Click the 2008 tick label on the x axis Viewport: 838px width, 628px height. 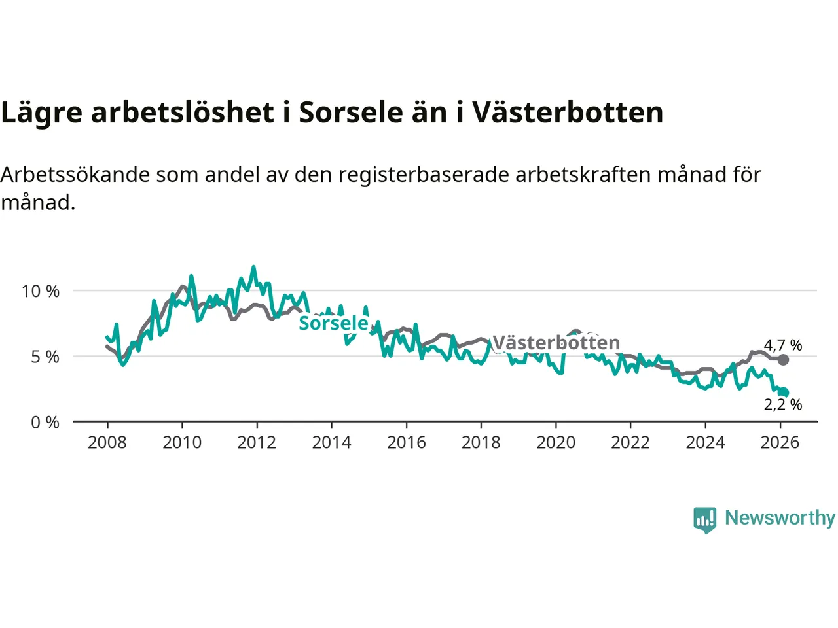pyautogui.click(x=107, y=443)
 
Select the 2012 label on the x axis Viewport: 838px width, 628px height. pyautogui.click(x=257, y=443)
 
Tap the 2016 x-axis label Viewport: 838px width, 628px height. pyautogui.click(x=406, y=443)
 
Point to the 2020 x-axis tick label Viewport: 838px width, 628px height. pyautogui.click(x=556, y=443)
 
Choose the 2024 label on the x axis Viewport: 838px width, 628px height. pyautogui.click(x=705, y=443)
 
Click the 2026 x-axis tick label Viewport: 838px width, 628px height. pyautogui.click(x=780, y=443)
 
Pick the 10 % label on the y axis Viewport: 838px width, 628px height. pyautogui.click(x=41, y=291)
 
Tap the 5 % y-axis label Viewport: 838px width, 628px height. pyautogui.click(x=45, y=357)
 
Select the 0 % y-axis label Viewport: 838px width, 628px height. pyautogui.click(x=45, y=423)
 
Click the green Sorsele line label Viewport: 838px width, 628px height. pyautogui.click(x=333, y=323)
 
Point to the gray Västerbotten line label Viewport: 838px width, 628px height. pyautogui.click(x=556, y=343)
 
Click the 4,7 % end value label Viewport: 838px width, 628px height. pyautogui.click(x=782, y=345)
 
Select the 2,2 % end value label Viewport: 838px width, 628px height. pyautogui.click(x=782, y=405)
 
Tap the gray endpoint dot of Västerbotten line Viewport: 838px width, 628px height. pyautogui.click(x=783, y=360)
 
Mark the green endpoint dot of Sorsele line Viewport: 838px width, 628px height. pyautogui.click(x=784, y=392)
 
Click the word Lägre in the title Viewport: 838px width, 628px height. pyautogui.click(x=42, y=113)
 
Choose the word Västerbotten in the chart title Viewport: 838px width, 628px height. pyautogui.click(x=568, y=113)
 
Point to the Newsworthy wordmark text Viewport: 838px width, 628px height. pyautogui.click(x=780, y=518)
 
